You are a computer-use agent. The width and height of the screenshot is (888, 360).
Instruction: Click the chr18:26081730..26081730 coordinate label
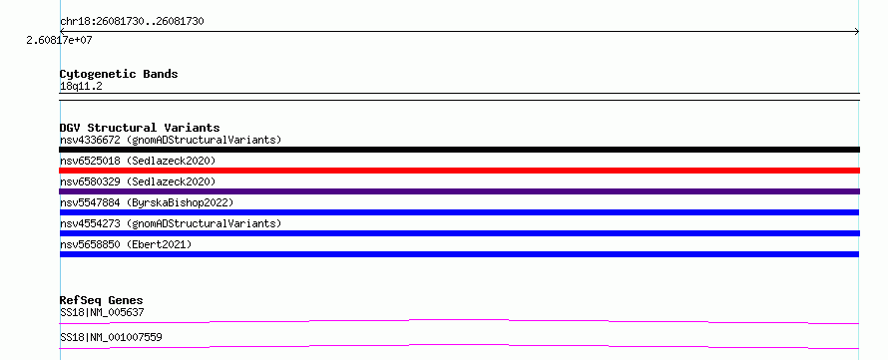click(x=132, y=22)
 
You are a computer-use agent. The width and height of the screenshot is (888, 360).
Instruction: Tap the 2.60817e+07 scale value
click(x=60, y=40)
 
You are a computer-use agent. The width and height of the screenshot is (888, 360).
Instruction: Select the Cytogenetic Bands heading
click(x=119, y=74)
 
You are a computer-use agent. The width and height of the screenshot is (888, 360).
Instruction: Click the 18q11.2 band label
click(x=81, y=87)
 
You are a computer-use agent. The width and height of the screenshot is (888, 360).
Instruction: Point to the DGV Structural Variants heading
click(x=140, y=128)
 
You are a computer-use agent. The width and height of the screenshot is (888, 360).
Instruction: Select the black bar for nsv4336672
click(x=459, y=150)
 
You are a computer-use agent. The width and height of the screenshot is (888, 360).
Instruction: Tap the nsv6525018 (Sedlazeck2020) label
click(x=138, y=161)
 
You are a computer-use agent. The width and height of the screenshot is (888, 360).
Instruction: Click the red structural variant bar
click(x=459, y=171)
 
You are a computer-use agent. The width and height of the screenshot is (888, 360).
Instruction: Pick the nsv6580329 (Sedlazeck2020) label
click(x=138, y=181)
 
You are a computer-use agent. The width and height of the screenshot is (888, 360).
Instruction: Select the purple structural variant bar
click(x=459, y=191)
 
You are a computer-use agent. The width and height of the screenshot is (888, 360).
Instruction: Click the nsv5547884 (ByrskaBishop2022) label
click(x=147, y=202)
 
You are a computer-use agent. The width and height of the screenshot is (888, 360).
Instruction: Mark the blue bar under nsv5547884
click(x=459, y=212)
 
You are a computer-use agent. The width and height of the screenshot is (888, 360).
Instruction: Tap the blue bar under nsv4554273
click(x=459, y=233)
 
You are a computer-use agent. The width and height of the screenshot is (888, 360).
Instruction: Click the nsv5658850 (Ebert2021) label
click(x=126, y=244)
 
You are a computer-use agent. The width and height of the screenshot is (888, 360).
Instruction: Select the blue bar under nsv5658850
click(x=459, y=254)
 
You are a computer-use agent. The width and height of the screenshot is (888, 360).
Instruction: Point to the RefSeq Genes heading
click(x=102, y=300)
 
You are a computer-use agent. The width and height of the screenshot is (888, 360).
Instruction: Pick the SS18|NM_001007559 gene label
click(x=111, y=337)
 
